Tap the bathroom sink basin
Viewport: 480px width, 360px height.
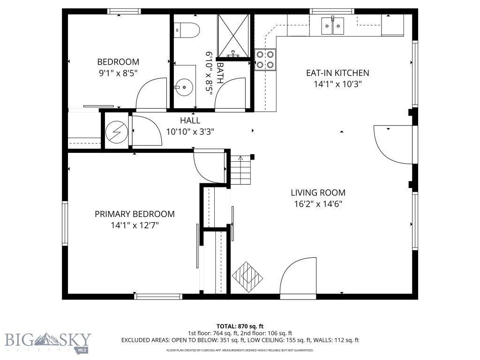pyautogui.click(x=184, y=87)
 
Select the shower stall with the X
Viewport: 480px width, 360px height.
pyautogui.click(x=234, y=35)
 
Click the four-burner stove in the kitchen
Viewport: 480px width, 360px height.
pyautogui.click(x=265, y=60)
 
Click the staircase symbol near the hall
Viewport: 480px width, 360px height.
pyautogui.click(x=241, y=170)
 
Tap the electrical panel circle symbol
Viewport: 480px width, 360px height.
pyautogui.click(x=115, y=133)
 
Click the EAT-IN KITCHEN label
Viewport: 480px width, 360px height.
pyautogui.click(x=337, y=73)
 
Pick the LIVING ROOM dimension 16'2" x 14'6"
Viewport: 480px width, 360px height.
pyautogui.click(x=318, y=204)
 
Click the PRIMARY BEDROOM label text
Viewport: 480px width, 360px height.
pyautogui.click(x=135, y=214)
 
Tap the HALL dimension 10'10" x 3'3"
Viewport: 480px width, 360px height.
pyautogui.click(x=190, y=132)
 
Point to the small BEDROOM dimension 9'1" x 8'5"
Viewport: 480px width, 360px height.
pyautogui.click(x=118, y=73)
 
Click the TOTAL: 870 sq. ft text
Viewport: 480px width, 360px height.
pyautogui.click(x=240, y=326)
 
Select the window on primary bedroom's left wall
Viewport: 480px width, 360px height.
pyautogui.click(x=65, y=223)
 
